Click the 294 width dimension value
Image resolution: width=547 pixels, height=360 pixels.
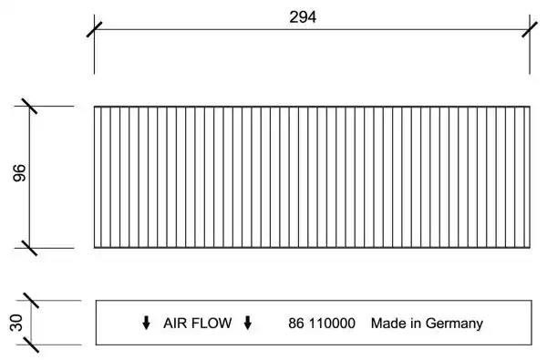click(x=303, y=16)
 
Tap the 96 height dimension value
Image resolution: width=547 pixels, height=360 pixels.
click(x=19, y=173)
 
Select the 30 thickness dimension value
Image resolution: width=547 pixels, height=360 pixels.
click(x=16, y=323)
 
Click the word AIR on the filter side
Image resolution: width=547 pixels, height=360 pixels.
click(x=175, y=323)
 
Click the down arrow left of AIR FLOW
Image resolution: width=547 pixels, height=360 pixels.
click(x=146, y=323)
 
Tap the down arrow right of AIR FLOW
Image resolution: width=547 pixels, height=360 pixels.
click(x=248, y=323)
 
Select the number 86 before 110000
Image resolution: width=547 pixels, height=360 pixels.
click(x=295, y=324)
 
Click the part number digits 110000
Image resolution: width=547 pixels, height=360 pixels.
click(x=332, y=324)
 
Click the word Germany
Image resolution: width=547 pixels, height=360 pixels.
click(x=454, y=324)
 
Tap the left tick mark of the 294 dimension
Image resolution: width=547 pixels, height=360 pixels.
click(x=94, y=29)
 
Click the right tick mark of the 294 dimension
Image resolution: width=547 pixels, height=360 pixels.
click(x=530, y=29)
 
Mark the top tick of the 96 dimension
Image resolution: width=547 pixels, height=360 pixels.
click(x=29, y=106)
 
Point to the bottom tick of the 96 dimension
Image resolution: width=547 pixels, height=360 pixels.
click(x=29, y=248)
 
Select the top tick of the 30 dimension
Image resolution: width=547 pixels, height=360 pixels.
click(x=31, y=301)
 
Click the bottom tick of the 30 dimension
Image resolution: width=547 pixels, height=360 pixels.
click(x=31, y=345)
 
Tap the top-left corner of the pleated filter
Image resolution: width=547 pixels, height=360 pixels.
click(x=94, y=107)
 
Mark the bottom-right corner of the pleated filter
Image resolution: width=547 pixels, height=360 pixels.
click(x=530, y=248)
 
